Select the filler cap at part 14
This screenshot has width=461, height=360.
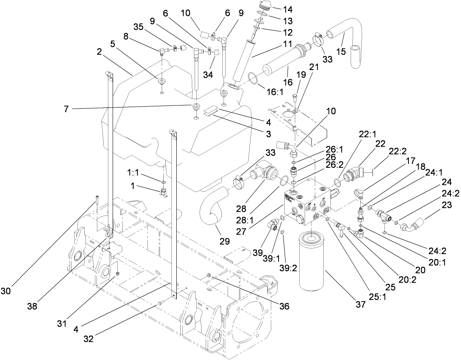point(263,7)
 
